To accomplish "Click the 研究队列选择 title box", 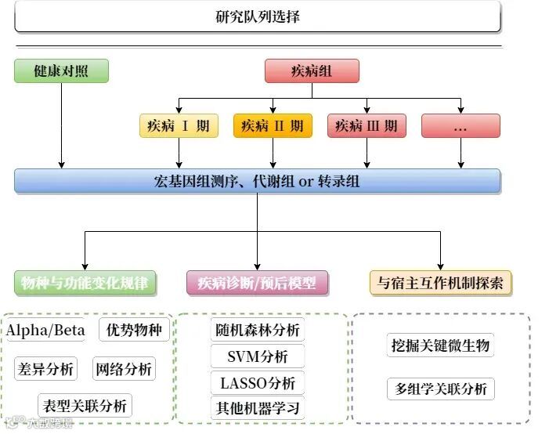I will click(257, 16).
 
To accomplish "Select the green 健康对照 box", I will click(61, 71).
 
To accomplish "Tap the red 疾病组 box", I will click(312, 71).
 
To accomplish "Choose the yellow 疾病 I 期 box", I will click(179, 126).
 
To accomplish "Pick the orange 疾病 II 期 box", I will click(273, 126).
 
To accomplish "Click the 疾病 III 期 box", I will click(367, 126).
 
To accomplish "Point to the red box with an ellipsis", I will click(461, 126).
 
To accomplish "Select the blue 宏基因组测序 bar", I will click(257, 181).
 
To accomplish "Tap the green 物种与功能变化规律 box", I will click(85, 283).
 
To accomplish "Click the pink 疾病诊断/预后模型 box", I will click(257, 283).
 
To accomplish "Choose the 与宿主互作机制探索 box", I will click(440, 283).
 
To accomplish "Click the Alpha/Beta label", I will click(46, 330).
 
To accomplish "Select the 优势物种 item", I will click(135, 330).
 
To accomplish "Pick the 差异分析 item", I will click(45, 368).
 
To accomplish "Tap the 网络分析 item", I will click(123, 368).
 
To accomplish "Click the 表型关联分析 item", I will click(85, 406).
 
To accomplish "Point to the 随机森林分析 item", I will click(257, 330).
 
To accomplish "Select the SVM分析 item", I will click(257, 356).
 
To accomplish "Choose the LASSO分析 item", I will click(257, 383).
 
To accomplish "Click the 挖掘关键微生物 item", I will click(440, 345).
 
